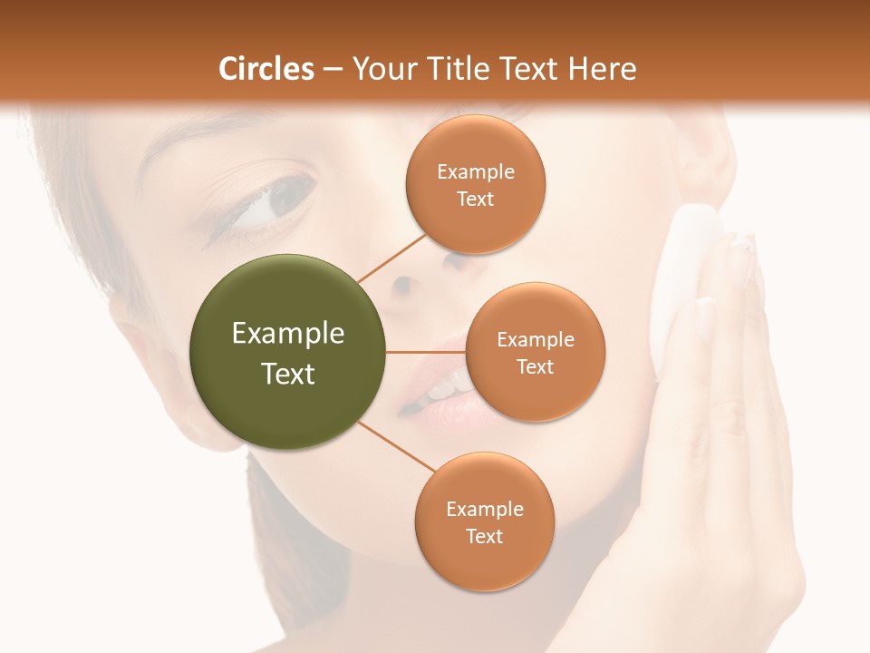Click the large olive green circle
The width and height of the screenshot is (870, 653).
[287, 352]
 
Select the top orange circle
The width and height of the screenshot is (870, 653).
[475, 184]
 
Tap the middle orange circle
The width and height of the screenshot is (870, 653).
[535, 352]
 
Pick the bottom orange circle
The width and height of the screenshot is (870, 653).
[484, 521]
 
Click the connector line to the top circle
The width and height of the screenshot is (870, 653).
[391, 258]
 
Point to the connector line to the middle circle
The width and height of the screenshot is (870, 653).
[426, 352]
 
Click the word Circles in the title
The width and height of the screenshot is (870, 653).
[266, 69]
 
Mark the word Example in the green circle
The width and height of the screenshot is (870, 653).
[287, 334]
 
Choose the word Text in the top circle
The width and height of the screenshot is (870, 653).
[475, 199]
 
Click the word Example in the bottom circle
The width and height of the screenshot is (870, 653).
[484, 509]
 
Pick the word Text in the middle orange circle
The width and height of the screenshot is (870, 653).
[535, 366]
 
